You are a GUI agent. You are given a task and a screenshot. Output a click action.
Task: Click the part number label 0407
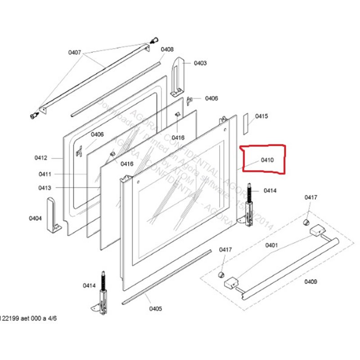(75, 53)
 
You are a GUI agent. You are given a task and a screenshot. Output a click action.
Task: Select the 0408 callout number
(167, 49)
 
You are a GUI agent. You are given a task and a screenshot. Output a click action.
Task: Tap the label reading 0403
(200, 63)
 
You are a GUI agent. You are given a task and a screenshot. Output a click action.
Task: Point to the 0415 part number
(261, 116)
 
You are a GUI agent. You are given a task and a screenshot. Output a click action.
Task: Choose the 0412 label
(40, 158)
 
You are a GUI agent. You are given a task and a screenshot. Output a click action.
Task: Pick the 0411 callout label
(45, 174)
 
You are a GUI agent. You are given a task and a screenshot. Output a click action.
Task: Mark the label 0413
(45, 188)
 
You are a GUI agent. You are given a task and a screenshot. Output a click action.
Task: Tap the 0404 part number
(35, 219)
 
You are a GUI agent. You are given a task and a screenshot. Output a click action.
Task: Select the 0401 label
(271, 245)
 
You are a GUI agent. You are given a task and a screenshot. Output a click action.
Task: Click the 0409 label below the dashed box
(310, 282)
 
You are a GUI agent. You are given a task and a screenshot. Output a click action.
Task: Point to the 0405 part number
(156, 309)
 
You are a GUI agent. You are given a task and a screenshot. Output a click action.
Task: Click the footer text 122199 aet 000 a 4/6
(28, 319)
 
